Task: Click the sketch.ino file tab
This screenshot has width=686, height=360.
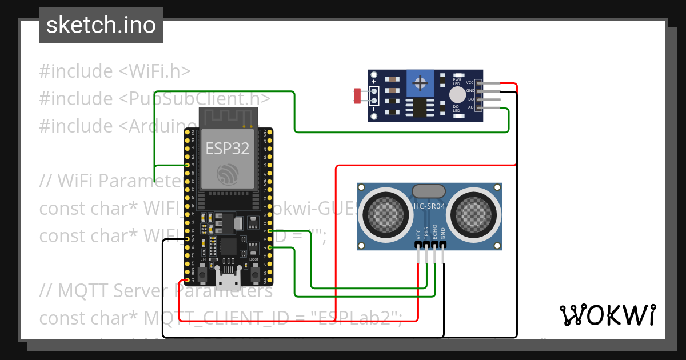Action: point(101,25)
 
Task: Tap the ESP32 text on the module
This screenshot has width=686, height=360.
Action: point(228,149)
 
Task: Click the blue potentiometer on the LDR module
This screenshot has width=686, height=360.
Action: point(421,84)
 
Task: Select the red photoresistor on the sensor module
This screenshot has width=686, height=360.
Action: point(358,95)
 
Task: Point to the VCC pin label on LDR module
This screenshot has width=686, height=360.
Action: point(470,83)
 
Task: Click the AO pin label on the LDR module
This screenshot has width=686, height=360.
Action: point(471,107)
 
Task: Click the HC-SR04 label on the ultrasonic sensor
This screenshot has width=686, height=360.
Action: point(429,206)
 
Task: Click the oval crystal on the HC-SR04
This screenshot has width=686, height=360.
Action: point(429,191)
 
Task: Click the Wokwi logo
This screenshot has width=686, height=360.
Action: point(608,315)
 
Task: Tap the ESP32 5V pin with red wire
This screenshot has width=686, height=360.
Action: point(188,281)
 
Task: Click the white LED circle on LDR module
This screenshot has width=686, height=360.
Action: point(457,95)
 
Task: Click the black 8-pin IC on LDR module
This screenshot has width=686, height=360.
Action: point(420,106)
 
